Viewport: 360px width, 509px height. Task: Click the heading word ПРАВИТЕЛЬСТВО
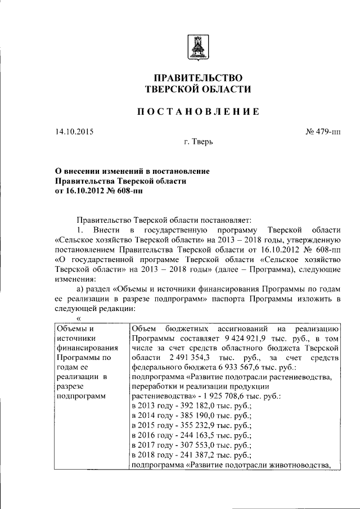pyautogui.click(x=198, y=77)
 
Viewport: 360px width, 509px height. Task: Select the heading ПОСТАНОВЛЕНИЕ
pyautogui.click(x=199, y=112)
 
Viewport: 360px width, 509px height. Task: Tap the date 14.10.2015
pyautogui.click(x=74, y=132)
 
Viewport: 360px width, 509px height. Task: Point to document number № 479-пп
pyautogui.click(x=323, y=132)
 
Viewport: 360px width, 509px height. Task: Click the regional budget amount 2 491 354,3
pyautogui.click(x=173, y=358)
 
